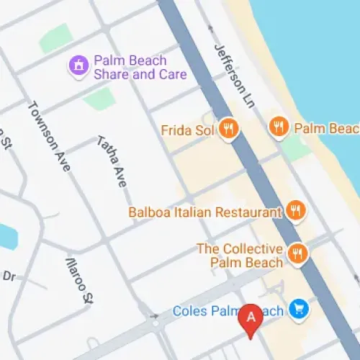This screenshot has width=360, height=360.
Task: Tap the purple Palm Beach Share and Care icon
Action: click(x=78, y=66)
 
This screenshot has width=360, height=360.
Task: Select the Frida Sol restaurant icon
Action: click(x=229, y=129)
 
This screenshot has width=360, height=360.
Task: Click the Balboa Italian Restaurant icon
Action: click(x=294, y=212)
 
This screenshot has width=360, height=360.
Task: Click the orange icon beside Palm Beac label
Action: click(x=279, y=128)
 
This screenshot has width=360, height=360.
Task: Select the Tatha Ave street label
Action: click(x=112, y=161)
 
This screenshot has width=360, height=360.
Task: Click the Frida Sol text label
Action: click(x=189, y=130)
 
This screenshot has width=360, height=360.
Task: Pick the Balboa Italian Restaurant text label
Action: click(x=204, y=212)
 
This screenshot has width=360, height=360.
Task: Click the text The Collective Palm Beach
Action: click(x=240, y=256)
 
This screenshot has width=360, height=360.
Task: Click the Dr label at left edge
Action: click(x=9, y=276)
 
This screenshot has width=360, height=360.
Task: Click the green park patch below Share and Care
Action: click(x=99, y=99)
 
